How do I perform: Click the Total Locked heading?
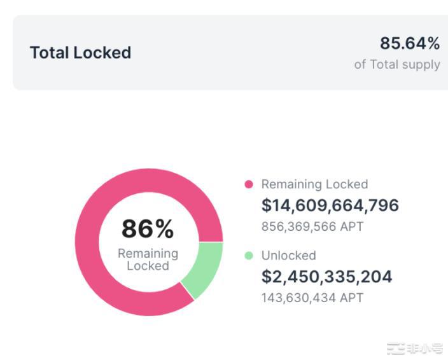click(x=80, y=52)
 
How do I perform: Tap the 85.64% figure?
click(x=410, y=43)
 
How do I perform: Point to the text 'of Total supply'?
click(x=397, y=64)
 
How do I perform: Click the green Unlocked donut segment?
click(x=203, y=270)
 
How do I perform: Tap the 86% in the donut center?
click(x=148, y=229)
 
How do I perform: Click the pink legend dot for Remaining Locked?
click(x=249, y=184)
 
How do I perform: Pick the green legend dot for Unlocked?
click(x=249, y=256)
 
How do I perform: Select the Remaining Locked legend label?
click(x=314, y=184)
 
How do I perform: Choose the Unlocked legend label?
click(x=288, y=256)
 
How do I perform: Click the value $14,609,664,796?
click(x=330, y=205)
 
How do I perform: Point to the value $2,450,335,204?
click(x=327, y=277)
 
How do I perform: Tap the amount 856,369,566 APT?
click(x=312, y=226)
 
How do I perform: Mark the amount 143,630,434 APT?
click(x=312, y=298)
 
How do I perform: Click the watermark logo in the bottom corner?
click(x=415, y=348)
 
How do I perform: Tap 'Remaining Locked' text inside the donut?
click(x=148, y=260)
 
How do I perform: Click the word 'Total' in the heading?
click(x=50, y=52)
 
